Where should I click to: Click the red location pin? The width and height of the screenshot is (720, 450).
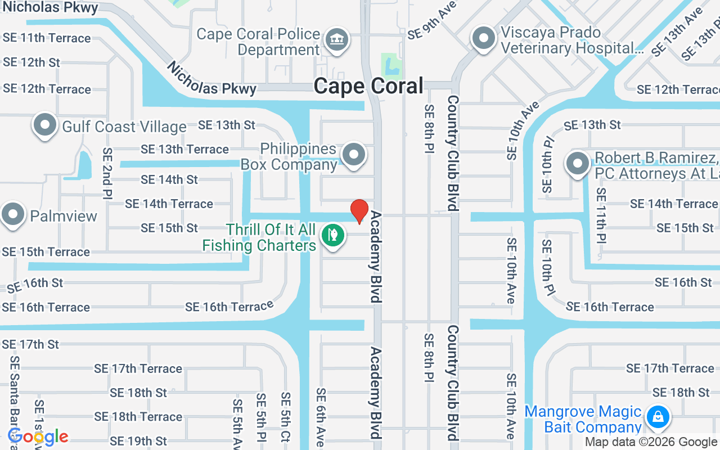[x=359, y=211]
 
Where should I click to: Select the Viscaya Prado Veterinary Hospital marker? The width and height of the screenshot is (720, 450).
[x=483, y=39]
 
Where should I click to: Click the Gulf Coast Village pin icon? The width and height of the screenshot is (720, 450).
[x=45, y=125]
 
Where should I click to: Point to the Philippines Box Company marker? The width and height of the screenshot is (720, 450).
[x=354, y=154]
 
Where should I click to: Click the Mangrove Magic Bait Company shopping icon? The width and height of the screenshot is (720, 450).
[x=657, y=417]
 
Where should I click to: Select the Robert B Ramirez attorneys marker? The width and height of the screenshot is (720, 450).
[x=577, y=164]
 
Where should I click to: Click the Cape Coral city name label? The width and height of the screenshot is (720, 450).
[x=368, y=86]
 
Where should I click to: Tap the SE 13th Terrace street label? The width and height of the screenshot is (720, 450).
[x=184, y=149]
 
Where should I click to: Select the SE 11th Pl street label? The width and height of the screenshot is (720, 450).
[x=601, y=215]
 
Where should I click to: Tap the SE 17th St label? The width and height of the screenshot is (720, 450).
[x=30, y=344]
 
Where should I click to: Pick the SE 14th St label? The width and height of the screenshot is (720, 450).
[x=169, y=179]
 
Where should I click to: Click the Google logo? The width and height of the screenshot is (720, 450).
[x=38, y=436]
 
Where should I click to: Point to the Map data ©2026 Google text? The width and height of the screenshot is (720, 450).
[x=651, y=442]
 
